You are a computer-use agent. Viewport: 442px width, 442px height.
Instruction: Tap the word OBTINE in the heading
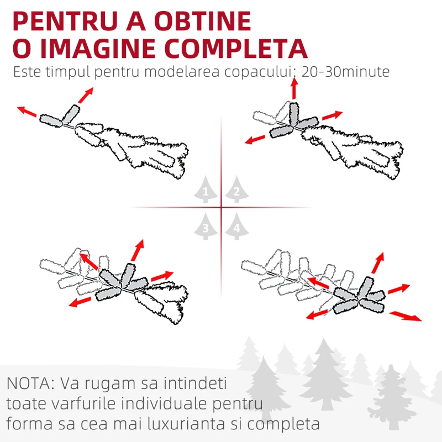pos(203,21)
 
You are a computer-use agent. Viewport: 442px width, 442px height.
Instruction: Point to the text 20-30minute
pos(346,72)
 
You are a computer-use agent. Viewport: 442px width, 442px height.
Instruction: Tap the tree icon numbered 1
pos(206,190)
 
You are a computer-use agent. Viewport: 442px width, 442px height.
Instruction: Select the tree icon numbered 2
pos(237,190)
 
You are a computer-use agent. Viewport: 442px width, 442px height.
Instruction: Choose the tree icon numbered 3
pos(206,227)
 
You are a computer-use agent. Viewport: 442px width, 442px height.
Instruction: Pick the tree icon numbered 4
pos(237,227)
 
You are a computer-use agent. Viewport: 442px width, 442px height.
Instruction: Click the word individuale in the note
pos(165,403)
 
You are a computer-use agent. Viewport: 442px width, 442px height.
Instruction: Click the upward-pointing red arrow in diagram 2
pos(294,88)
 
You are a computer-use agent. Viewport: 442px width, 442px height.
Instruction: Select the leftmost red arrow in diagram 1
pos(27,112)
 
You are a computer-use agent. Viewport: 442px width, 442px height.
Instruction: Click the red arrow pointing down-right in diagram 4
pos(406,315)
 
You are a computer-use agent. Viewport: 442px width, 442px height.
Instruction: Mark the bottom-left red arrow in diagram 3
pos(80,302)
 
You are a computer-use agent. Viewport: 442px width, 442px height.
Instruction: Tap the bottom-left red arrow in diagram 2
pos(255,140)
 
